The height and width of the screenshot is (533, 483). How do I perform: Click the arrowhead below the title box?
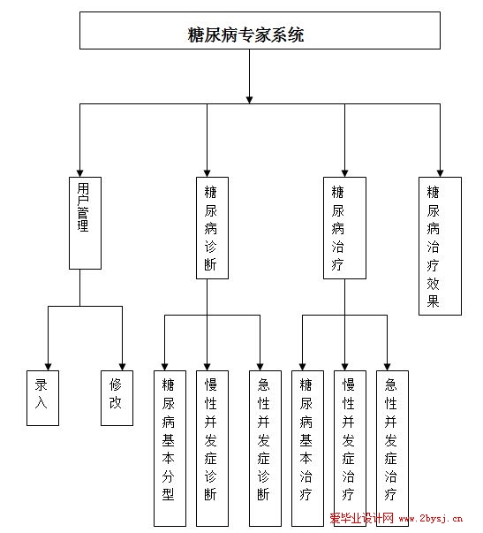tap(249, 100)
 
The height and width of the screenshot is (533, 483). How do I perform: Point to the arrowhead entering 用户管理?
tap(79, 173)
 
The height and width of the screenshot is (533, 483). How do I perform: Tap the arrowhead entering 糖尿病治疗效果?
tap(441, 173)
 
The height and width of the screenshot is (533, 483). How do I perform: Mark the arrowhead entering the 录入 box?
tap(49, 367)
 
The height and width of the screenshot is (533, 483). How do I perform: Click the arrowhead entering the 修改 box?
tap(122, 367)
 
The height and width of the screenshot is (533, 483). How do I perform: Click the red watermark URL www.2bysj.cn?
tap(431, 518)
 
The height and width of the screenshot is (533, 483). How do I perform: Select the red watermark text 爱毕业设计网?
tap(361, 518)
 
